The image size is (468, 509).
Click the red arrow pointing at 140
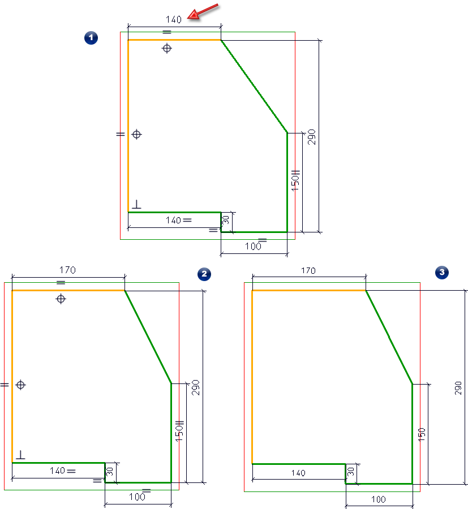pyautogui.click(x=203, y=12)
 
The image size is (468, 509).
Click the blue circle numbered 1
pyautogui.click(x=91, y=38)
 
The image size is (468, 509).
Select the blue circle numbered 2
pyautogui.click(x=204, y=274)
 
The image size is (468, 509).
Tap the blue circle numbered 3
pyautogui.click(x=441, y=273)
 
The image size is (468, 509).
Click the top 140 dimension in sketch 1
pyautogui.click(x=174, y=19)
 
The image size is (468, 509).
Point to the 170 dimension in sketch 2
pyautogui.click(x=67, y=270)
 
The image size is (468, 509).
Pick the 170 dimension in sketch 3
pyautogui.click(x=308, y=271)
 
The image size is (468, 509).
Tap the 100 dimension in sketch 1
pyautogui.click(x=253, y=247)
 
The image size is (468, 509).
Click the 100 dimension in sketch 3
pyautogui.click(x=379, y=499)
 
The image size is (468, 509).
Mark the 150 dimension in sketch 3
pyautogui.click(x=421, y=435)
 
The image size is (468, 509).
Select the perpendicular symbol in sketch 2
pyautogui.click(x=20, y=454)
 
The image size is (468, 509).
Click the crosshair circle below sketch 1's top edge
pyautogui.click(x=166, y=49)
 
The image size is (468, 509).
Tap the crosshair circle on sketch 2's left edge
pyautogui.click(x=21, y=385)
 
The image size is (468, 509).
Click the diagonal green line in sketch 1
pyautogui.click(x=254, y=87)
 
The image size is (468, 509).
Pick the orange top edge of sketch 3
pyautogui.click(x=308, y=290)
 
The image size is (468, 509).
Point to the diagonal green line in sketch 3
pyautogui.click(x=389, y=338)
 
